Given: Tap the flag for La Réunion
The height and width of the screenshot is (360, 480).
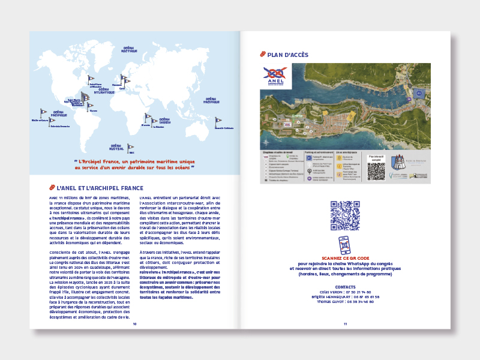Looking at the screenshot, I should coord(155,121).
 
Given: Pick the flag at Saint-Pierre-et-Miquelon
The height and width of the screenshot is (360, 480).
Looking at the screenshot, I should coord(91,78).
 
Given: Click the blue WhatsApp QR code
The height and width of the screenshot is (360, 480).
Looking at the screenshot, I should coord(344,215).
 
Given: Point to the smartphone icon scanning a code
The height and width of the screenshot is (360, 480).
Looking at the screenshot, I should coord(344,245).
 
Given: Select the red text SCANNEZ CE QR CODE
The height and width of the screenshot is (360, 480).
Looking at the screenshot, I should coord(344,257).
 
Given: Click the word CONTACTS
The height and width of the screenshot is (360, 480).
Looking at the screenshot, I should coord(344,287).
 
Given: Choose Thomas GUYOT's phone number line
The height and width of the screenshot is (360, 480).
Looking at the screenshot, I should coord(344,302).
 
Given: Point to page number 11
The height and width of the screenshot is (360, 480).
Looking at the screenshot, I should coord(345,323).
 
